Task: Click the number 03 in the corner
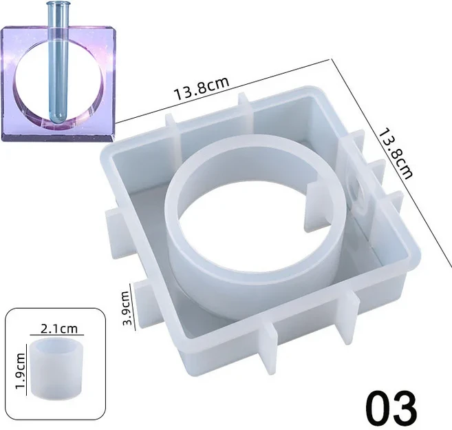click(391, 407)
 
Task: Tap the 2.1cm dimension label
click(59, 329)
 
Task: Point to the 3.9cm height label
click(126, 308)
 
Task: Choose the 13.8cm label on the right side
click(395, 154)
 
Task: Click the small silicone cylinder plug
click(57, 366)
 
